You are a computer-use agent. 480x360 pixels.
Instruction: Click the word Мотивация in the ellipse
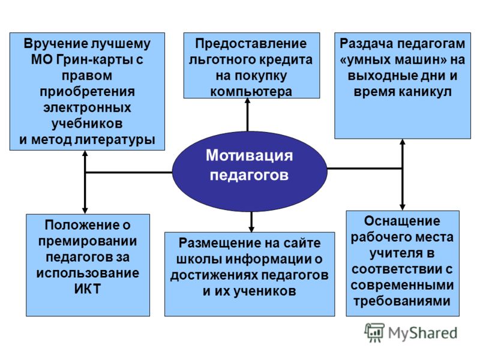pyautogui.click(x=249, y=155)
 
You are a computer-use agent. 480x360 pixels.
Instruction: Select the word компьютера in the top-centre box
pyautogui.click(x=251, y=92)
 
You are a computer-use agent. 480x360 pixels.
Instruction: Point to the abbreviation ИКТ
pyautogui.click(x=88, y=289)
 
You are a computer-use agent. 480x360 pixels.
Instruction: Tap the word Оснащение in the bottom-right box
pyautogui.click(x=402, y=221)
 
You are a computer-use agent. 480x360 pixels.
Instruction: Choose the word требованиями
pyautogui.click(x=402, y=301)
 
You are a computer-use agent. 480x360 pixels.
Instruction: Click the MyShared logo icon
pyautogui.click(x=374, y=332)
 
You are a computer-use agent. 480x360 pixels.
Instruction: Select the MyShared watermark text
pyautogui.click(x=423, y=333)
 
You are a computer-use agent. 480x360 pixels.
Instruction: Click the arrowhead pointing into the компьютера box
pyautogui.click(x=248, y=101)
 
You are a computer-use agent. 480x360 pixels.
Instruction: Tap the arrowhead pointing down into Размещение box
pyautogui.click(x=251, y=229)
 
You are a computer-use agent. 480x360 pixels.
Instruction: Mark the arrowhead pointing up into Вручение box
pyautogui.click(x=85, y=154)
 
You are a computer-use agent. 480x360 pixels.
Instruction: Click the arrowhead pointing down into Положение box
pyautogui.click(x=85, y=211)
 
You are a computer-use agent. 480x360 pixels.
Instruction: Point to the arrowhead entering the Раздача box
pyautogui.click(x=403, y=142)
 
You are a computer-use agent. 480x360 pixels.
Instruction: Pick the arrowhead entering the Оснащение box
pyautogui.click(x=403, y=207)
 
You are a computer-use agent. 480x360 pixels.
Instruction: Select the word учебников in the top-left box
pyautogui.click(x=87, y=124)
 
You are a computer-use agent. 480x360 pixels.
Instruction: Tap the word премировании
pyautogui.click(x=88, y=242)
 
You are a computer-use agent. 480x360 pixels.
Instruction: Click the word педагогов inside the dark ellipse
pyautogui.click(x=249, y=175)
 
